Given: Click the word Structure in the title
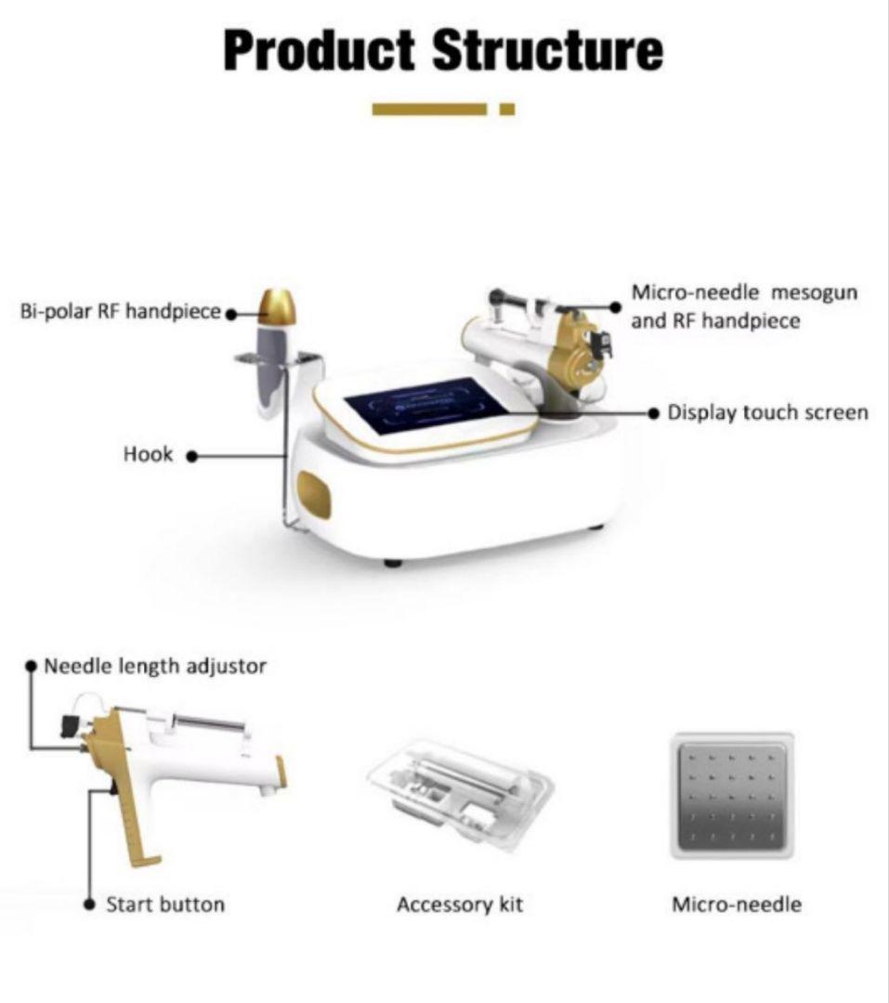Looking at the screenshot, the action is pyautogui.click(x=548, y=50).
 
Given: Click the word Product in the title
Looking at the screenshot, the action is pyautogui.click(x=319, y=50).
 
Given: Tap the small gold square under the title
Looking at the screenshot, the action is pyautogui.click(x=507, y=110).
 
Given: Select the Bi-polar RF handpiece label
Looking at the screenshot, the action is pyautogui.click(x=121, y=311).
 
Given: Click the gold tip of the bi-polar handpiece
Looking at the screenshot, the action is pyautogui.click(x=278, y=306).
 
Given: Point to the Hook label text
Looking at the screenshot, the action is pyautogui.click(x=148, y=454).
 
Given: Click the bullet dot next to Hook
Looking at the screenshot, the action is pyautogui.click(x=191, y=456).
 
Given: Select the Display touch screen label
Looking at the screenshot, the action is pyautogui.click(x=767, y=412).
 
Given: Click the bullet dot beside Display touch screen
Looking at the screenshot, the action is pyautogui.click(x=653, y=413).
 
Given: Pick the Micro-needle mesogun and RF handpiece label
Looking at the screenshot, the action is pyautogui.click(x=744, y=306).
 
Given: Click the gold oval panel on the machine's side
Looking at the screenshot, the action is pyautogui.click(x=315, y=495).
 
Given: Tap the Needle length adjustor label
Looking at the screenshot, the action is pyautogui.click(x=155, y=667).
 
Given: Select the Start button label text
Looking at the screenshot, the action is pyautogui.click(x=165, y=905).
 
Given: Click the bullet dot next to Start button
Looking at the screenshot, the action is pyautogui.click(x=90, y=905).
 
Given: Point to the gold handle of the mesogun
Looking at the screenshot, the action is pyautogui.click(x=131, y=800).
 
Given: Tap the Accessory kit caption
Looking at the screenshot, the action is pyautogui.click(x=460, y=905).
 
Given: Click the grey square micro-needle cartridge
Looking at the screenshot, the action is pyautogui.click(x=732, y=796).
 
